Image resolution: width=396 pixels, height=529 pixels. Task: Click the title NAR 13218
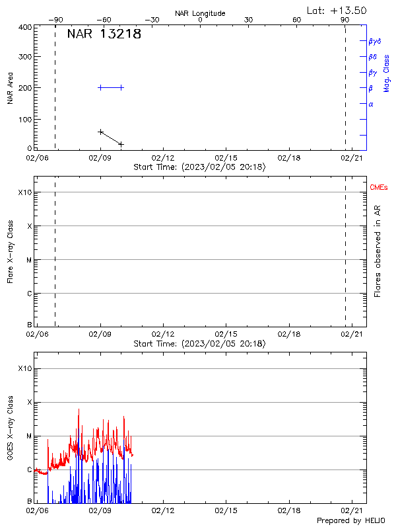(x=104, y=35)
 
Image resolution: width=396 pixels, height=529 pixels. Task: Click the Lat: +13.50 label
(x=337, y=10)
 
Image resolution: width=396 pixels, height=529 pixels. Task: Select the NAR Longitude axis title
(x=200, y=13)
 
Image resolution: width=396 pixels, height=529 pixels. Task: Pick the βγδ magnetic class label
(x=375, y=41)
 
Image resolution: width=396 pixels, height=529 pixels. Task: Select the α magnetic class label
(x=371, y=104)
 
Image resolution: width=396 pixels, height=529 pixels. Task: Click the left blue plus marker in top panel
(x=100, y=87)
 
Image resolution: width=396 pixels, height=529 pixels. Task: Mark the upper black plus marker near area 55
(x=100, y=132)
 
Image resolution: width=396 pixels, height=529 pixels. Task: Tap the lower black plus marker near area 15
(x=121, y=143)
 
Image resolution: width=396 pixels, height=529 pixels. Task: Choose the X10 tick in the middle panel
(x=24, y=192)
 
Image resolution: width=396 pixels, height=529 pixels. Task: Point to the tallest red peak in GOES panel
(x=79, y=409)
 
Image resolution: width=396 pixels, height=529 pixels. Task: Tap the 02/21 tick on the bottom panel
(x=351, y=510)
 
